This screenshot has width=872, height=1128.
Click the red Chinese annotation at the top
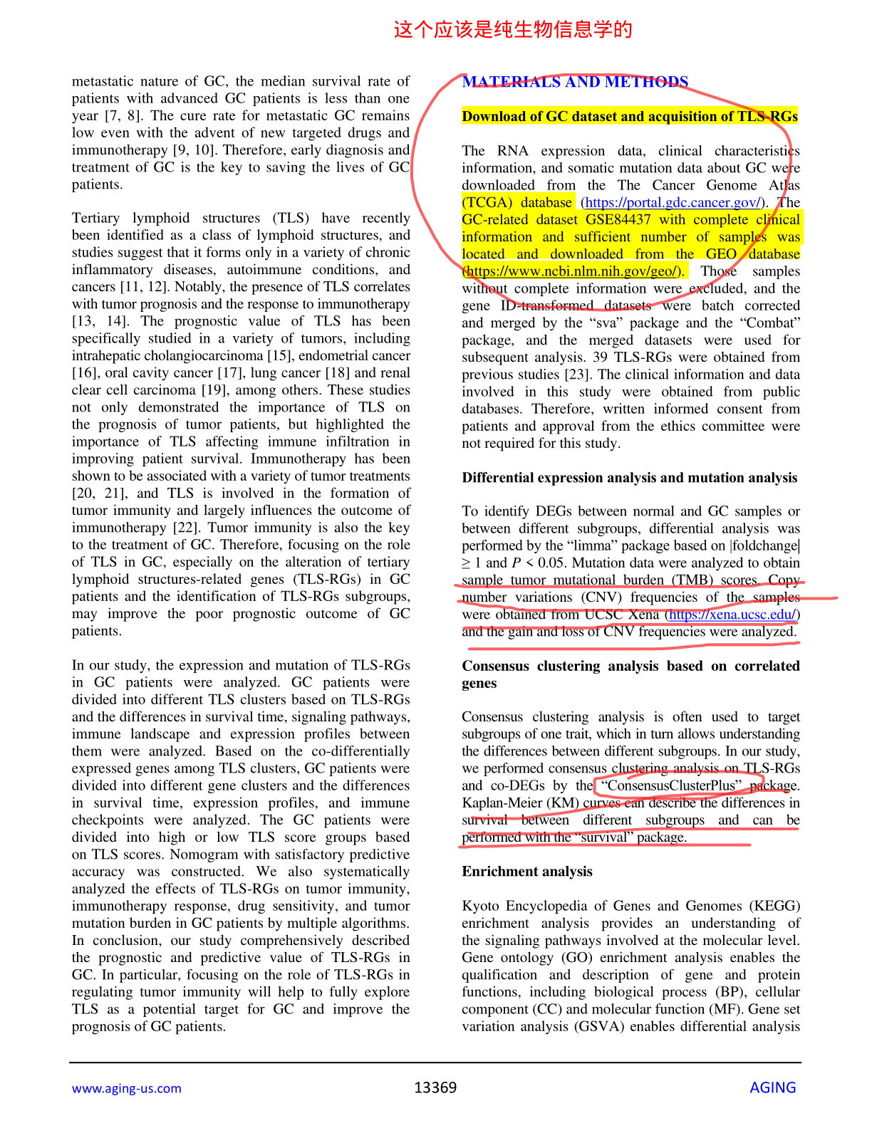click(x=513, y=29)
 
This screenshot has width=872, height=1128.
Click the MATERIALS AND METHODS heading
click(x=575, y=82)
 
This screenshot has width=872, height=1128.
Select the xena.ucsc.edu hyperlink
click(x=732, y=615)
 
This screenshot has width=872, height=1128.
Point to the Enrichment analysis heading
click(x=527, y=872)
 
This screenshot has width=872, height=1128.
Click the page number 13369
click(x=435, y=1087)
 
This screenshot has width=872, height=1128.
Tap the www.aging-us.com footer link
click(x=127, y=1088)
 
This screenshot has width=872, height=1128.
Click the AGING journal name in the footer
click(x=772, y=1087)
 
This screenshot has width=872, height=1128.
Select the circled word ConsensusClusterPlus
click(x=670, y=785)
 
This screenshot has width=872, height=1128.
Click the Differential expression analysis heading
click(x=630, y=478)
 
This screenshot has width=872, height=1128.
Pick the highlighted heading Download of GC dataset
click(x=630, y=117)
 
